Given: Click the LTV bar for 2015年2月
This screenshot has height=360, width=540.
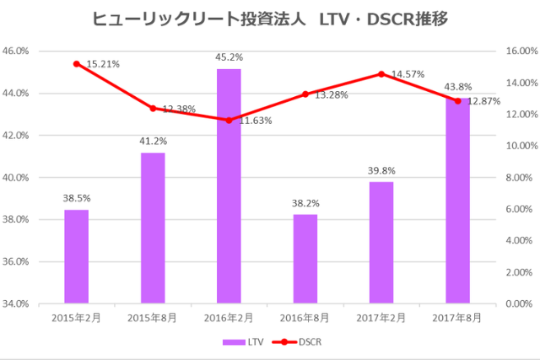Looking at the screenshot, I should point(77,256).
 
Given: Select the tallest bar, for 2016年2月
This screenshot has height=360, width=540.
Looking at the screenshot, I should point(229,185).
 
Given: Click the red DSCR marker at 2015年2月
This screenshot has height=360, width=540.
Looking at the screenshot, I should point(77,63).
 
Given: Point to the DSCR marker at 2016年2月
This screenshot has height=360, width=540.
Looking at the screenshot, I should point(229,120).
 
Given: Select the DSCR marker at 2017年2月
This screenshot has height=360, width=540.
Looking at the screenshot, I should point(381,73).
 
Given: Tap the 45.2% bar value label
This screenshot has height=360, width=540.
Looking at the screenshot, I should point(229,57).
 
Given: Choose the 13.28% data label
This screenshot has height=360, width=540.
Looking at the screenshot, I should point(332,95).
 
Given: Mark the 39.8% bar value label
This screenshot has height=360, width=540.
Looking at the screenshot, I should point(381,171).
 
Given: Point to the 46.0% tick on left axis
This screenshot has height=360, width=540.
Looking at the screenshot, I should point(18,51).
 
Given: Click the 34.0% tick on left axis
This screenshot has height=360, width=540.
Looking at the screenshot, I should point(18,304).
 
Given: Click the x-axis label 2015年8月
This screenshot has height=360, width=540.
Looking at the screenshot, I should point(153,318).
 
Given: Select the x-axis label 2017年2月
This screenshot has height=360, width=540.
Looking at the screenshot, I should point(381,318).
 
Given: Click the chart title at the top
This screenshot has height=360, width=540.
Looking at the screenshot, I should point(270,19).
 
